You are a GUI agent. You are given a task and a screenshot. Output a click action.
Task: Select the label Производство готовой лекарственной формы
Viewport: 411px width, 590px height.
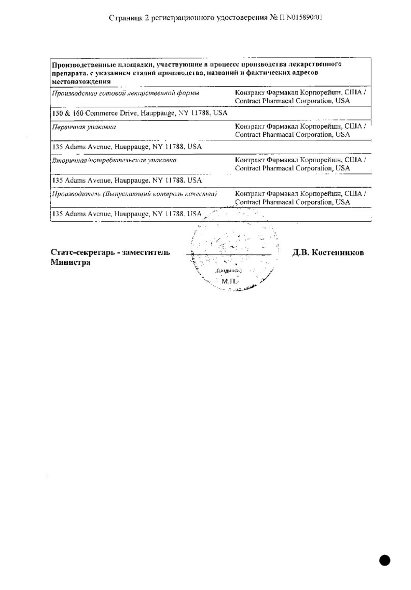point(125,94)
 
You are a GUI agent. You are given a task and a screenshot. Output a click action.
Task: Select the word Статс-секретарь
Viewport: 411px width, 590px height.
point(81,253)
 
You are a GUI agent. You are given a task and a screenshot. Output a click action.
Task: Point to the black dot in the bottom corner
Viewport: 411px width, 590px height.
point(386,560)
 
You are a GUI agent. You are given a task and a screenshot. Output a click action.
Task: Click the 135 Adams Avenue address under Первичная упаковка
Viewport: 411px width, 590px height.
point(127,146)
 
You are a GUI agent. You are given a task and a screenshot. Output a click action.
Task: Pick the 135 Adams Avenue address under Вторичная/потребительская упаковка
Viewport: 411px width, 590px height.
point(127,180)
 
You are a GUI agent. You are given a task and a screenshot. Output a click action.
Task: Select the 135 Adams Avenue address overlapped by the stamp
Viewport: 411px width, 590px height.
point(127,214)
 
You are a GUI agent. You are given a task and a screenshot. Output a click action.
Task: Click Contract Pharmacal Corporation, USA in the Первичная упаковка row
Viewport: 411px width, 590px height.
point(292,135)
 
